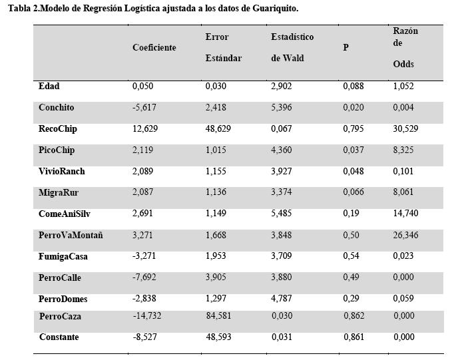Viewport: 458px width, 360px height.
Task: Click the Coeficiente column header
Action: click(154, 47)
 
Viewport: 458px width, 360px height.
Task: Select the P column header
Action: click(346, 47)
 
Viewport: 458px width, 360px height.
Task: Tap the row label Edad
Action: click(49, 86)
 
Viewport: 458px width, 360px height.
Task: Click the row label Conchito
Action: click(57, 107)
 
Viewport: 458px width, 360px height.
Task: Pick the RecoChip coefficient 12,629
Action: click(145, 128)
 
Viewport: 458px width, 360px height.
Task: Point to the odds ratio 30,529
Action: click(405, 128)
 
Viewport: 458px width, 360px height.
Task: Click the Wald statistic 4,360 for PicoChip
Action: click(282, 150)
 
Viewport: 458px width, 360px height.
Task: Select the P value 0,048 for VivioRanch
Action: click(353, 171)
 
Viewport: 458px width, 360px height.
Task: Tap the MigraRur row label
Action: click(59, 192)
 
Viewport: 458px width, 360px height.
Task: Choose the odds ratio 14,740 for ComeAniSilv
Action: click(405, 213)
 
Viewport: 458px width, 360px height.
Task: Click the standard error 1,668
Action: click(216, 235)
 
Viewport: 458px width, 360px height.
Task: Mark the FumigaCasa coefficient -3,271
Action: click(144, 256)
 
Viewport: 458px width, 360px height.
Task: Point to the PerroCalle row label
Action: click(60, 277)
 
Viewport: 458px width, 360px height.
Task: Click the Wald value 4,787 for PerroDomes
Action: click(282, 298)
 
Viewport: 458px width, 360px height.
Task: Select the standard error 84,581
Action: click(218, 316)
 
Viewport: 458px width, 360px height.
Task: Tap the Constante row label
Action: click(59, 337)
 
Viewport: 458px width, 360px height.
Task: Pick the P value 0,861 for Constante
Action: click(354, 337)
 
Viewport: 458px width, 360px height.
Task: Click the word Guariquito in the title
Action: click(275, 9)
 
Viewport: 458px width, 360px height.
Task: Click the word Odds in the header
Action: click(403, 64)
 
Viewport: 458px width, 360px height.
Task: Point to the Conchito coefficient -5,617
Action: click(144, 107)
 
